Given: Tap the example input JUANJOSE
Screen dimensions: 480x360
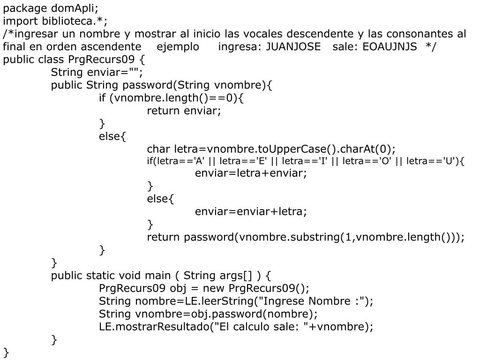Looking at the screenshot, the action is [x=293, y=47].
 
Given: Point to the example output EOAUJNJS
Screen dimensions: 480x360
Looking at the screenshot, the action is [x=390, y=47].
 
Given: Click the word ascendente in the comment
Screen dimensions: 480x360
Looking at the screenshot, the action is [x=111, y=47].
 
